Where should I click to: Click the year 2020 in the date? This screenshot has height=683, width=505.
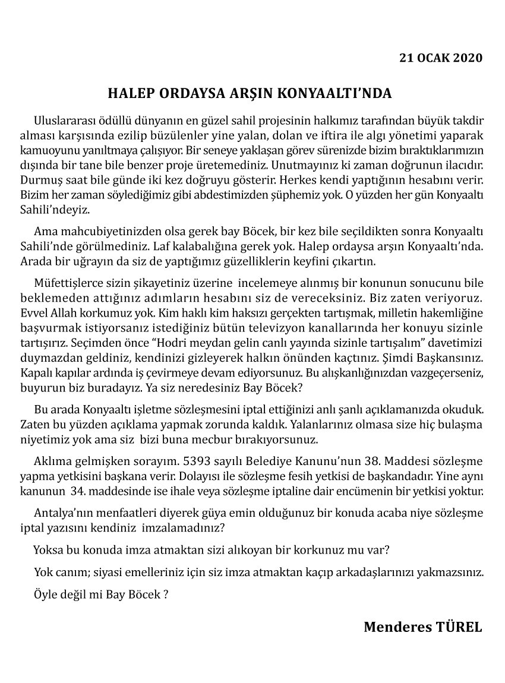(468, 58)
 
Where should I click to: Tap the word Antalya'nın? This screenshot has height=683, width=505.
(62, 512)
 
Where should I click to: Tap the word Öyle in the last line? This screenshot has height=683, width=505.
(45, 595)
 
